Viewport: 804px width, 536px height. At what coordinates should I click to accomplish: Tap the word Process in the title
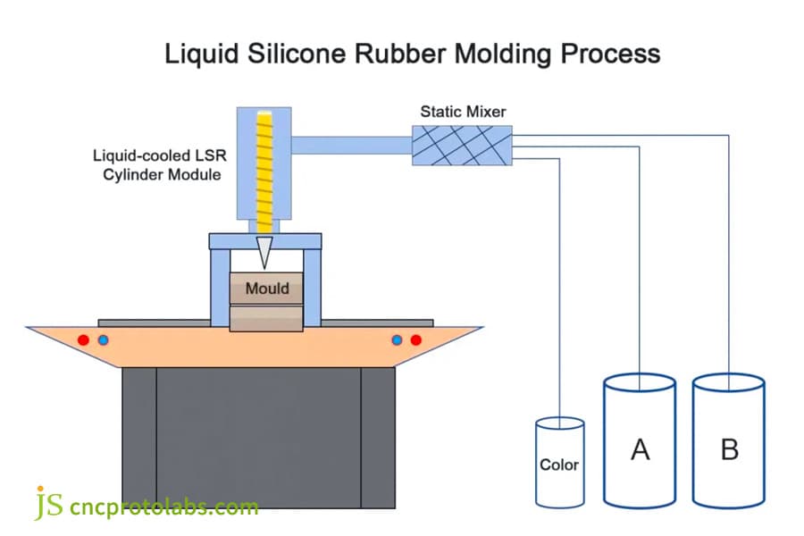coord(610,54)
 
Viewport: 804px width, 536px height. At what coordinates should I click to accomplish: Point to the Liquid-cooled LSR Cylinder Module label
coord(156,165)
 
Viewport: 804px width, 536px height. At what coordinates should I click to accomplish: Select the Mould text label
coord(266,288)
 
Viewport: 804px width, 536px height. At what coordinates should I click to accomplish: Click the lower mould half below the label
coord(266,318)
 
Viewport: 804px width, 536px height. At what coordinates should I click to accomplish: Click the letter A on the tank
coord(640,449)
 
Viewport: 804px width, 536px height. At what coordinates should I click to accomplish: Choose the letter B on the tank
coord(729,449)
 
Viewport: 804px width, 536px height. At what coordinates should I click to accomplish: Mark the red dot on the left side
coord(83,339)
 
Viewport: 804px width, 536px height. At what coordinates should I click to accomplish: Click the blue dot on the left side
coord(103,339)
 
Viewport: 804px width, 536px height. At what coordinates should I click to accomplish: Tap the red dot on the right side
coord(415,339)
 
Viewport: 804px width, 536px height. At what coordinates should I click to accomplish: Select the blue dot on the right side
coord(398,339)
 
